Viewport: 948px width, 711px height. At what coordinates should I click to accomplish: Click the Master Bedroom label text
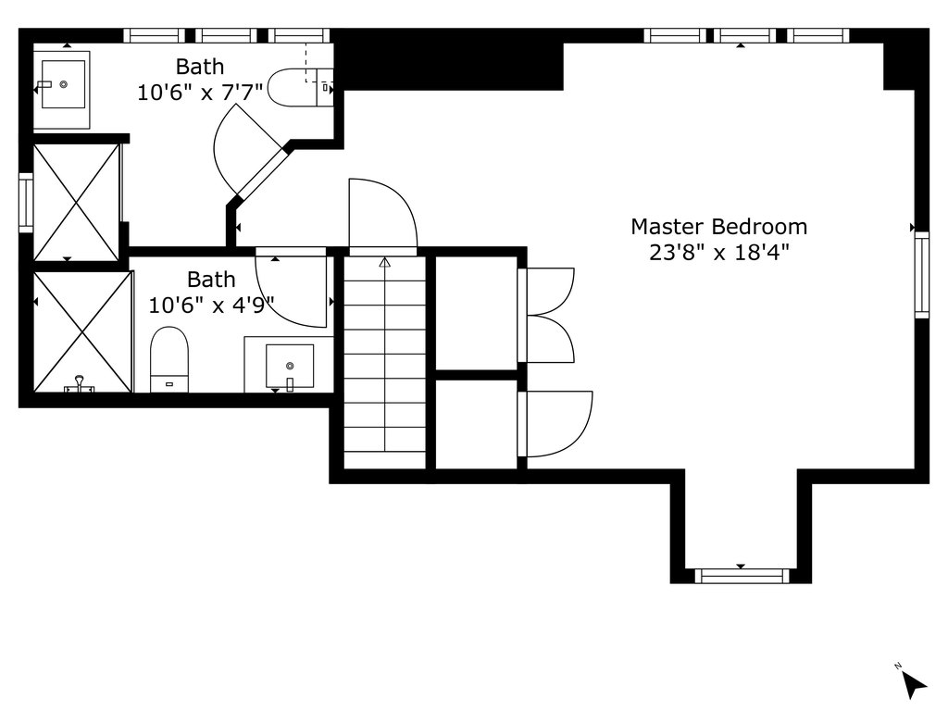718,227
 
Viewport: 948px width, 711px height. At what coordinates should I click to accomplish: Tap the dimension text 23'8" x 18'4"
719,252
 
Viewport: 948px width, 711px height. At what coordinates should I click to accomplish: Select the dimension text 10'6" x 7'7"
200,92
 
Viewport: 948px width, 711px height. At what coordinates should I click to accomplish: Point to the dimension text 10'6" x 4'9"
212,305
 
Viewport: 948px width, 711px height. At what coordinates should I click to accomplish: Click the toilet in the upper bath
301,88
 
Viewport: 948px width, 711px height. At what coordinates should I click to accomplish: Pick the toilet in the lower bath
169,359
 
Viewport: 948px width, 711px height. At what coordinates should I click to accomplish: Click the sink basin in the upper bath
63,84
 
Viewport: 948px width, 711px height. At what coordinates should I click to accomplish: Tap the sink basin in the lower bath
290,366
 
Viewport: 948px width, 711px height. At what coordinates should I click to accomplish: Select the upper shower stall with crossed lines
76,202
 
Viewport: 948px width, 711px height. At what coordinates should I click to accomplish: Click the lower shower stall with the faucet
82,332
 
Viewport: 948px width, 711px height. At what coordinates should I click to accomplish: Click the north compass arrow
914,685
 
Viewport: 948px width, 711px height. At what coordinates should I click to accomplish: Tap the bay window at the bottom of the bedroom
742,576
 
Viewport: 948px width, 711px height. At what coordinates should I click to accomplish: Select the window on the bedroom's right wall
921,274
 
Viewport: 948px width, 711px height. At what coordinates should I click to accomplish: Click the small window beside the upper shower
25,203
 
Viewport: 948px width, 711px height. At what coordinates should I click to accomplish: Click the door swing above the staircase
382,214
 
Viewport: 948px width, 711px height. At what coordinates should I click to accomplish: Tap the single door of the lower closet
555,424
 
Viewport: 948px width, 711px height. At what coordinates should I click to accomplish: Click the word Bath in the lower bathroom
211,280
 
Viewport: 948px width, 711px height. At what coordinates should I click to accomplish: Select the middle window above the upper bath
227,36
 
